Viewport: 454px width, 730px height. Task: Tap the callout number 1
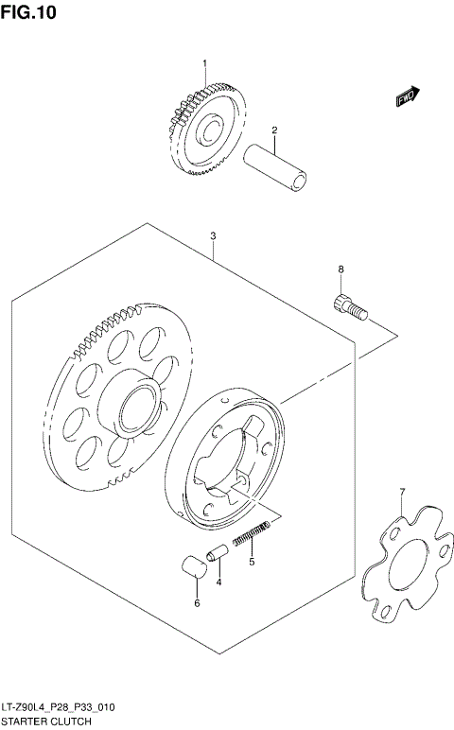202,63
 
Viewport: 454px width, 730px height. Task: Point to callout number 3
214,235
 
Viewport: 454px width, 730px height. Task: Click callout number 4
218,582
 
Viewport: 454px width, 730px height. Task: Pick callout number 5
252,562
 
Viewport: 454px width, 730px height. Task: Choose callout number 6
197,602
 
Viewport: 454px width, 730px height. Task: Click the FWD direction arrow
406,96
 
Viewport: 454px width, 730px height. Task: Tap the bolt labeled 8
347,307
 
